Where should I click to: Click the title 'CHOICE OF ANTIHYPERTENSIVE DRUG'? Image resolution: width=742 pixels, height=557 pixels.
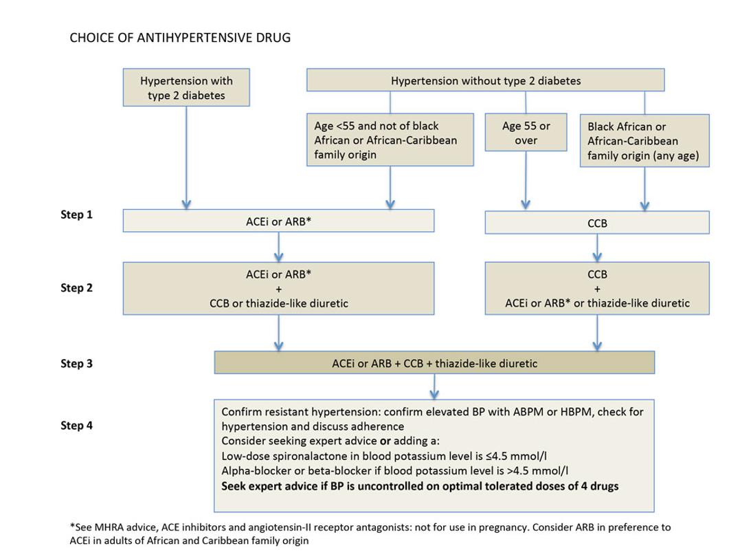(x=180, y=38)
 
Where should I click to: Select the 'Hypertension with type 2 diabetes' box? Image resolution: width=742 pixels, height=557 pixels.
(x=186, y=87)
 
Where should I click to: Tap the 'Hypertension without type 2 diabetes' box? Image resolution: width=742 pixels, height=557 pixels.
(x=485, y=80)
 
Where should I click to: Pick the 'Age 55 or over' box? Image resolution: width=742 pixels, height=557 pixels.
(x=526, y=133)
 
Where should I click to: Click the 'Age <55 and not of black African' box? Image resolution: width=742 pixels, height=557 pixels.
(x=390, y=140)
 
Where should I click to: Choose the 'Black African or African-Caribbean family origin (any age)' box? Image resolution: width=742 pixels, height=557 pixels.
(x=644, y=141)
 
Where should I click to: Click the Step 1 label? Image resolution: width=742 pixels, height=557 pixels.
(x=76, y=215)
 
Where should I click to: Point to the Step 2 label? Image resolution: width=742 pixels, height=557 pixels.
(x=76, y=288)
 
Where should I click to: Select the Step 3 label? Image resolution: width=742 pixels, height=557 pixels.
(x=76, y=364)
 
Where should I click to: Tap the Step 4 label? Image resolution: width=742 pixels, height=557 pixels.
(x=76, y=426)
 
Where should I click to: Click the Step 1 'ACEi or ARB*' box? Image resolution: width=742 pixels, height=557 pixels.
(x=278, y=221)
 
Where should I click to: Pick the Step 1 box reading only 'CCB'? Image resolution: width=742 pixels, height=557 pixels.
(x=597, y=223)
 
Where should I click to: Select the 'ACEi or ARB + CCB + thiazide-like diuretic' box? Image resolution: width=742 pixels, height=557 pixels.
(x=434, y=363)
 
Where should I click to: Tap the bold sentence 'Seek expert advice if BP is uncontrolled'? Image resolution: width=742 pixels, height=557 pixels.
(x=420, y=486)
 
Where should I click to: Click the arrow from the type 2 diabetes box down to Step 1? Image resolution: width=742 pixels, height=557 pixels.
(x=186, y=158)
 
